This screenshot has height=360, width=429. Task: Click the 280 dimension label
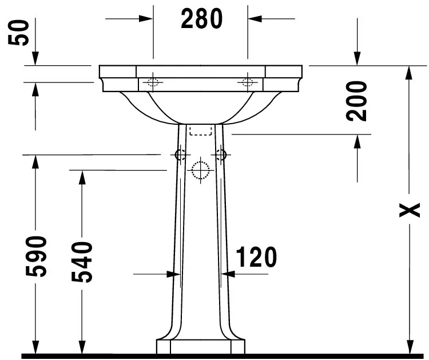click(201, 19)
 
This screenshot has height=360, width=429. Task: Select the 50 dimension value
click(21, 32)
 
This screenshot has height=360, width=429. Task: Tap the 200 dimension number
click(356, 101)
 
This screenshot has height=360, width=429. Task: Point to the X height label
click(410, 211)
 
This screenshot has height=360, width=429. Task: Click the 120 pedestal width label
click(256, 258)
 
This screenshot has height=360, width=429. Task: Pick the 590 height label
click(37, 255)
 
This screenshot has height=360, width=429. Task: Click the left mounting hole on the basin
click(153, 82)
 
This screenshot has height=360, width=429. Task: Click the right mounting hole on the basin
click(248, 82)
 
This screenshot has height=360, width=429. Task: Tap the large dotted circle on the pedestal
click(201, 170)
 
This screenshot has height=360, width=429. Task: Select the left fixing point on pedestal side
click(180, 155)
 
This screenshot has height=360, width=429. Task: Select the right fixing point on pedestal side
click(221, 155)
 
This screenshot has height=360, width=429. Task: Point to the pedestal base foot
click(201, 347)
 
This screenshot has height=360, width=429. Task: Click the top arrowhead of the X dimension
click(410, 73)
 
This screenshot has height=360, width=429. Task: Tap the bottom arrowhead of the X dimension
click(410, 346)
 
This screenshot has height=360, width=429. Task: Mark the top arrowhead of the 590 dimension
click(35, 162)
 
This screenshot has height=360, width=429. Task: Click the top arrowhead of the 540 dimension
click(82, 177)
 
